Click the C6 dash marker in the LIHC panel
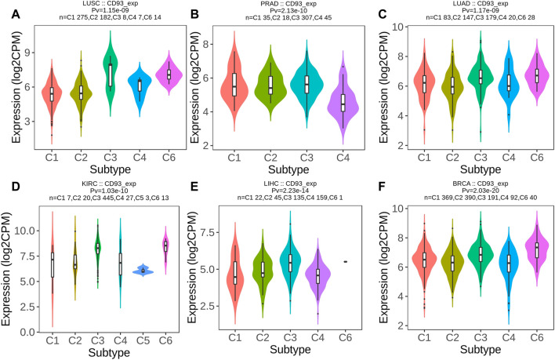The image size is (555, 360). pyautogui.click(x=345, y=261)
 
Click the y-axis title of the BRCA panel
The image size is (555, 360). pyautogui.click(x=384, y=266)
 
